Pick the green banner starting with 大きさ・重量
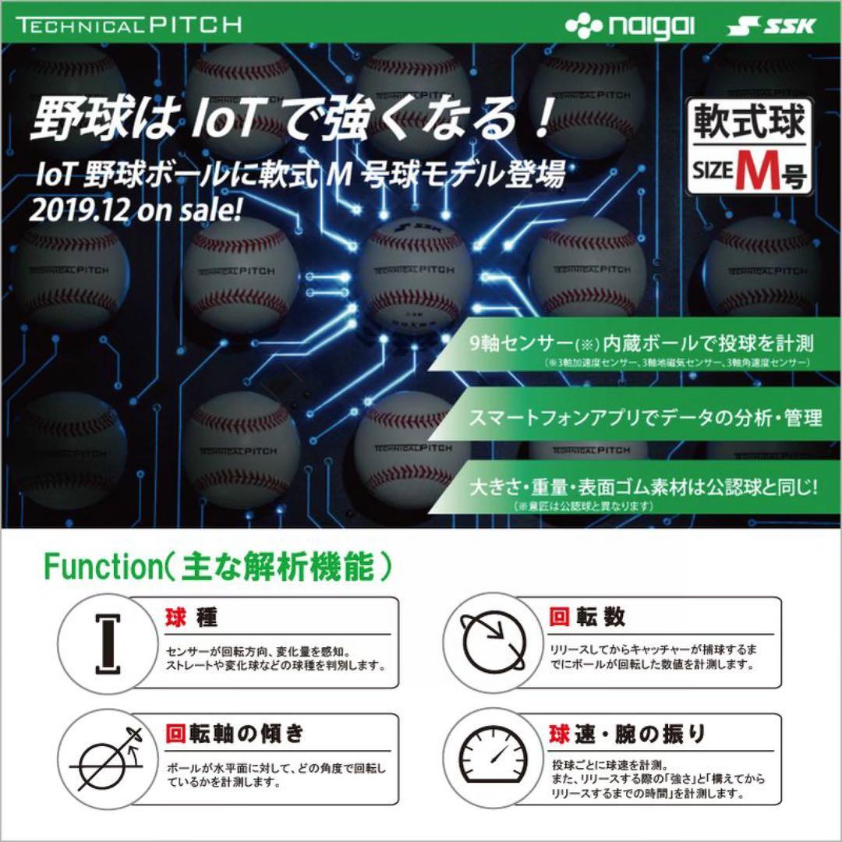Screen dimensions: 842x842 pos(643,491)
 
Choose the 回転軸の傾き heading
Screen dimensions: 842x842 pos(234,733)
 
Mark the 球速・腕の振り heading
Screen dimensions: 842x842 pos(628,733)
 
